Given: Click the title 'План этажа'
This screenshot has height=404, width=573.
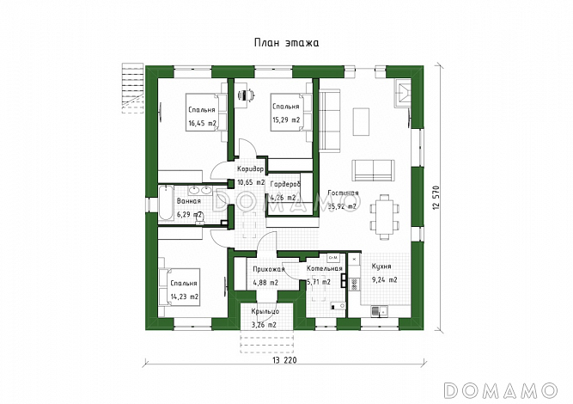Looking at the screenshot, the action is coord(287,43).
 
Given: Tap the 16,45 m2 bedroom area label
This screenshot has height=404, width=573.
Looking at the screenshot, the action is coord(203,123).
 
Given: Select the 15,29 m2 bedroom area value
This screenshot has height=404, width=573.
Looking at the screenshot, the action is coord(286,120).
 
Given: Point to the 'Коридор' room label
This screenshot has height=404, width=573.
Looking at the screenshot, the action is coord(250,169).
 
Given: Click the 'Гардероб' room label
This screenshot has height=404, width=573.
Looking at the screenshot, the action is coord(285,185).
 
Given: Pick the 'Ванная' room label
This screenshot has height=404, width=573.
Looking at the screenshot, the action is coord(189,201).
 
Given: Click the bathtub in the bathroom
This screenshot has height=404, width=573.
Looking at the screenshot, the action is coord(166,203).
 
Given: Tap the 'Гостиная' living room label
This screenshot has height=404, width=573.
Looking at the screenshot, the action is coord(343,193).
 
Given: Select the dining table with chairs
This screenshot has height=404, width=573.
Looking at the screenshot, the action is coord(386,217).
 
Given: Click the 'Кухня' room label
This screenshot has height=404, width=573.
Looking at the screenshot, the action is coord(381,266).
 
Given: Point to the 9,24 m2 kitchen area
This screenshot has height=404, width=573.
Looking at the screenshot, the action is coord(385,280).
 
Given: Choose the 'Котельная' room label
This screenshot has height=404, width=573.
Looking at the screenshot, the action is coord(325,269).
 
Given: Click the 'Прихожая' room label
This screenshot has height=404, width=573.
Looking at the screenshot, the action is coord(269,269).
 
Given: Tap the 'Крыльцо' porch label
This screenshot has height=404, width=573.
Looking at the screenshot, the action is coord(265,311).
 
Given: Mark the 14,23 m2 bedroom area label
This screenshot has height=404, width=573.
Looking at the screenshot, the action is coord(185,297).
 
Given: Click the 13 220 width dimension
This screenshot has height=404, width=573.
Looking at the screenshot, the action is coord(284,360).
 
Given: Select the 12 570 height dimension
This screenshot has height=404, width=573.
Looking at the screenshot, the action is coord(436,198).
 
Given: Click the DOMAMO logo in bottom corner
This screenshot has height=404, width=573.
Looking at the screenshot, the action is coord(500,390).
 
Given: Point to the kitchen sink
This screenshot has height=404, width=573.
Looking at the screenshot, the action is coord(380,311).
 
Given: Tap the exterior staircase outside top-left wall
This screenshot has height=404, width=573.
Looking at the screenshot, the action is coord(132,89).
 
